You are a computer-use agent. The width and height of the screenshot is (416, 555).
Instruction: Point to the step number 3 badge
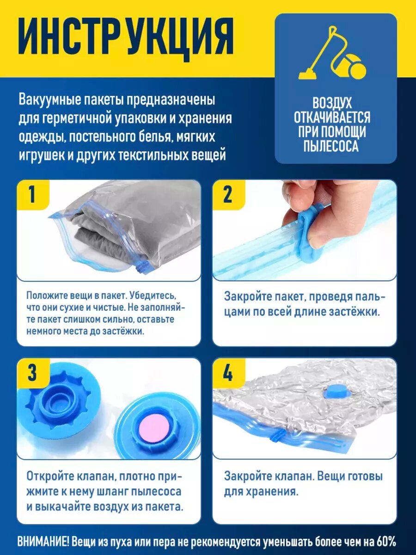pos(32,373)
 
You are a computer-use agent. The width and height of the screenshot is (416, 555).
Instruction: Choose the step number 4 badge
pos(229,373)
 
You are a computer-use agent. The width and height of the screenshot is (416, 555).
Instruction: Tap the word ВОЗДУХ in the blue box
pos(333,103)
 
